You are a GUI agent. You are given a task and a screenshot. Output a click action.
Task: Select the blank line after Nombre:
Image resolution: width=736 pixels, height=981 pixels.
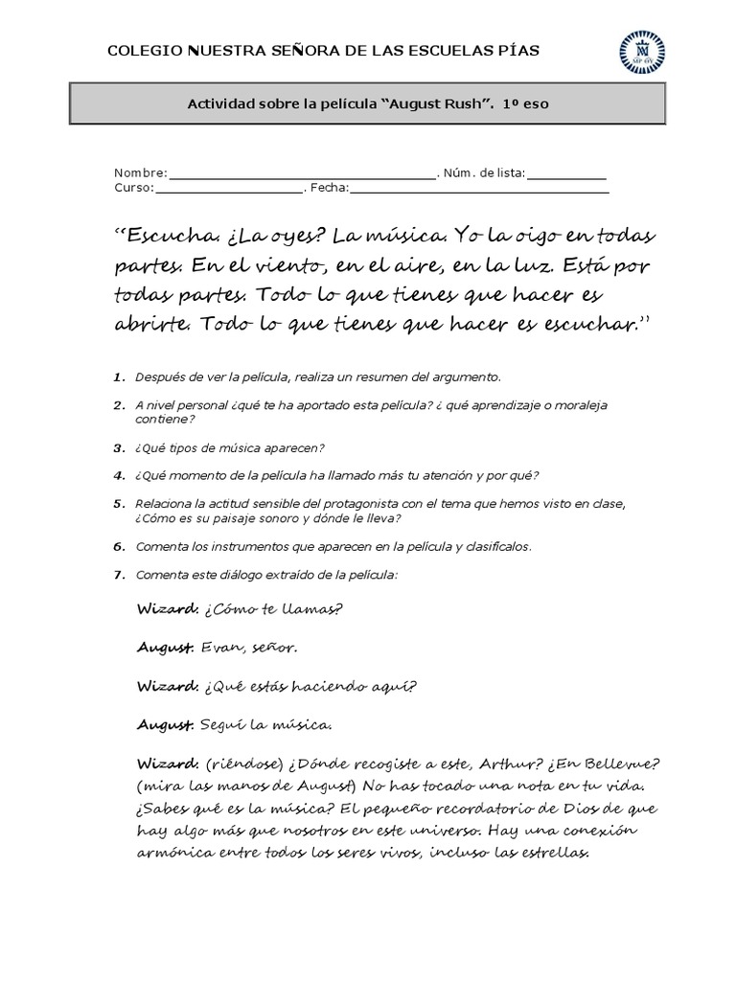[x=302, y=173]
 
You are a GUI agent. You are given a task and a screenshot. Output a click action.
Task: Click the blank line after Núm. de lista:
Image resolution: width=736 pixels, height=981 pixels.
[x=566, y=173]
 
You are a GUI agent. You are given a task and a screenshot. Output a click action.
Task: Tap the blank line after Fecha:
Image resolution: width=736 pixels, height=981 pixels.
[x=479, y=189]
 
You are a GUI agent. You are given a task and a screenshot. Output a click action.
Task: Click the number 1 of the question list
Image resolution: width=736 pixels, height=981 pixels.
[x=118, y=376]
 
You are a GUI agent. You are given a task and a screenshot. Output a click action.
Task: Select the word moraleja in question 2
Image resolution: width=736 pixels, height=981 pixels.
[x=577, y=405]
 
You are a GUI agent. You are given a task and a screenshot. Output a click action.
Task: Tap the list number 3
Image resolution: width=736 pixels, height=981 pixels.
[x=118, y=447]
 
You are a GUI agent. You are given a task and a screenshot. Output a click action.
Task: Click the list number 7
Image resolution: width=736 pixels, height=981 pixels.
[x=118, y=575]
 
